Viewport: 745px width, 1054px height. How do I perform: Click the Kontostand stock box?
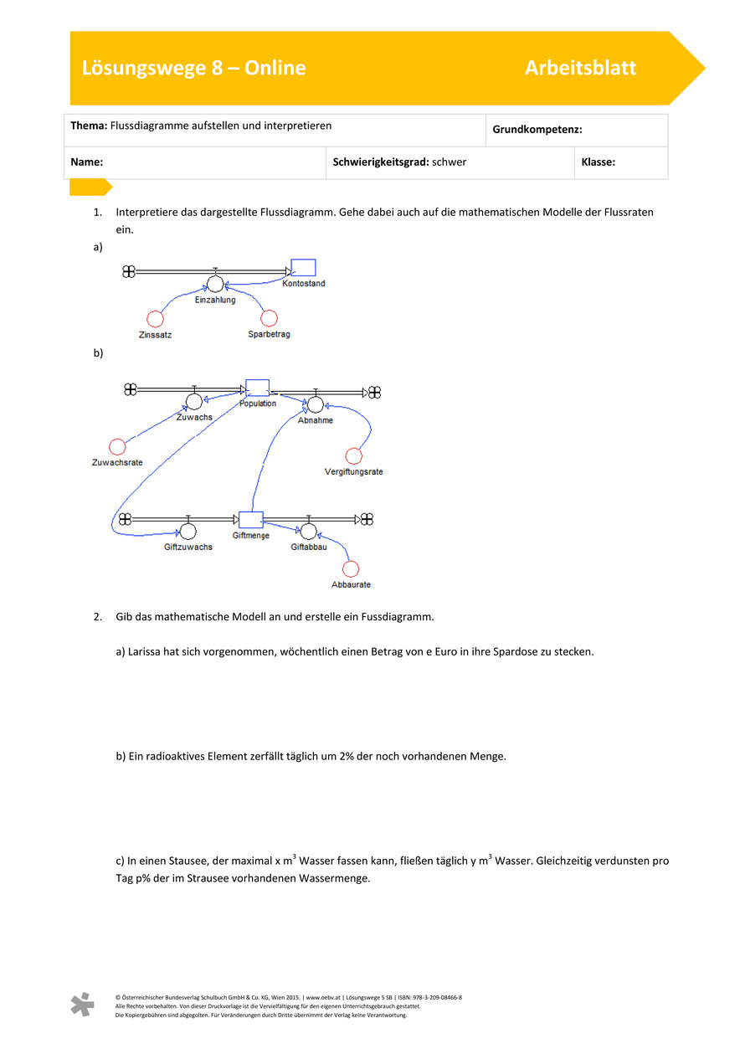(303, 268)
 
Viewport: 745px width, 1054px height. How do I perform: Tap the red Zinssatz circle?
(155, 318)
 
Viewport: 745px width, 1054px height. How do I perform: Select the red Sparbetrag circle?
(269, 318)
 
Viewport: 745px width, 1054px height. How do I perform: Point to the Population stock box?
(257, 388)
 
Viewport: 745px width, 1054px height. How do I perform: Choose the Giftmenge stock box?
(251, 520)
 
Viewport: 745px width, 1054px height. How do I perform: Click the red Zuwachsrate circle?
(117, 447)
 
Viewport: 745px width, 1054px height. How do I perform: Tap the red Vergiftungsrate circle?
(354, 456)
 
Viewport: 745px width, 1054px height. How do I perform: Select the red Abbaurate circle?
(352, 568)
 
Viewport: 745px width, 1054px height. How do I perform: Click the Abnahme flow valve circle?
(315, 405)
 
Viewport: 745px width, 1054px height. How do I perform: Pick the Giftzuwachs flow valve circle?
(188, 531)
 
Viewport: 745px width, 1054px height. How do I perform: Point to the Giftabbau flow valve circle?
(309, 531)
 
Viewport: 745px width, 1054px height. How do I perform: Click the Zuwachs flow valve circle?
(194, 402)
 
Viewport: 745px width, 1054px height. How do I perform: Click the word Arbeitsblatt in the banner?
(580, 69)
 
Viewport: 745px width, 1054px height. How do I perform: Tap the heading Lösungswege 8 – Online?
(193, 69)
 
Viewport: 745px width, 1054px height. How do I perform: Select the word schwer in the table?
(449, 162)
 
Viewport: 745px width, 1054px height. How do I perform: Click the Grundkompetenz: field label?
(537, 130)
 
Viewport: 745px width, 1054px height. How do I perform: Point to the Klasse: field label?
(598, 162)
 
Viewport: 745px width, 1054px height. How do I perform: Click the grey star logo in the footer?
(82, 1005)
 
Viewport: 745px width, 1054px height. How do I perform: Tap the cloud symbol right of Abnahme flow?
(374, 392)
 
